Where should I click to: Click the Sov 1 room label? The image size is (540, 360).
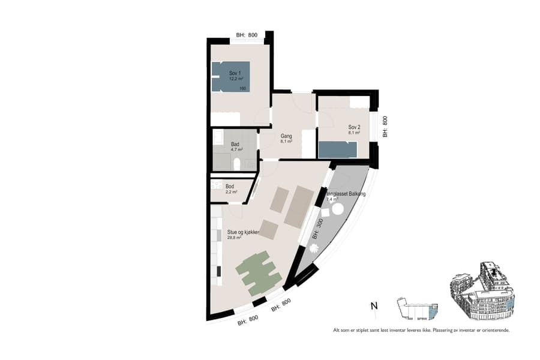pos(235,73)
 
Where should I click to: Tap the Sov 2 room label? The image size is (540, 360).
pos(353,127)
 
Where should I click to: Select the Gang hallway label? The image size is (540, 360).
pos(286,136)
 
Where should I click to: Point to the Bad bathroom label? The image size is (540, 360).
pos(235,145)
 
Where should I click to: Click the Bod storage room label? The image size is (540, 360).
pos(230,186)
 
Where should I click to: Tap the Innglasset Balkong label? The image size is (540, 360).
pos(346,194)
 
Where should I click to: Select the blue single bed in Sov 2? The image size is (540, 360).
pos(338,149)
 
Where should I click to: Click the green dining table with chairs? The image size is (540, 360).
pos(259,272)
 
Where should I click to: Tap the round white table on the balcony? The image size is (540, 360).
pos(337,209)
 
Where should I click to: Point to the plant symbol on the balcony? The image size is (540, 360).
pos(314,248)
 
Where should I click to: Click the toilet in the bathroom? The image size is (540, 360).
pos(237,164)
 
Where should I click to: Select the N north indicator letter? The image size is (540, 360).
pos(374,306)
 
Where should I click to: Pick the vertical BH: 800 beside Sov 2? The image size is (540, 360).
pos(385,127)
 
